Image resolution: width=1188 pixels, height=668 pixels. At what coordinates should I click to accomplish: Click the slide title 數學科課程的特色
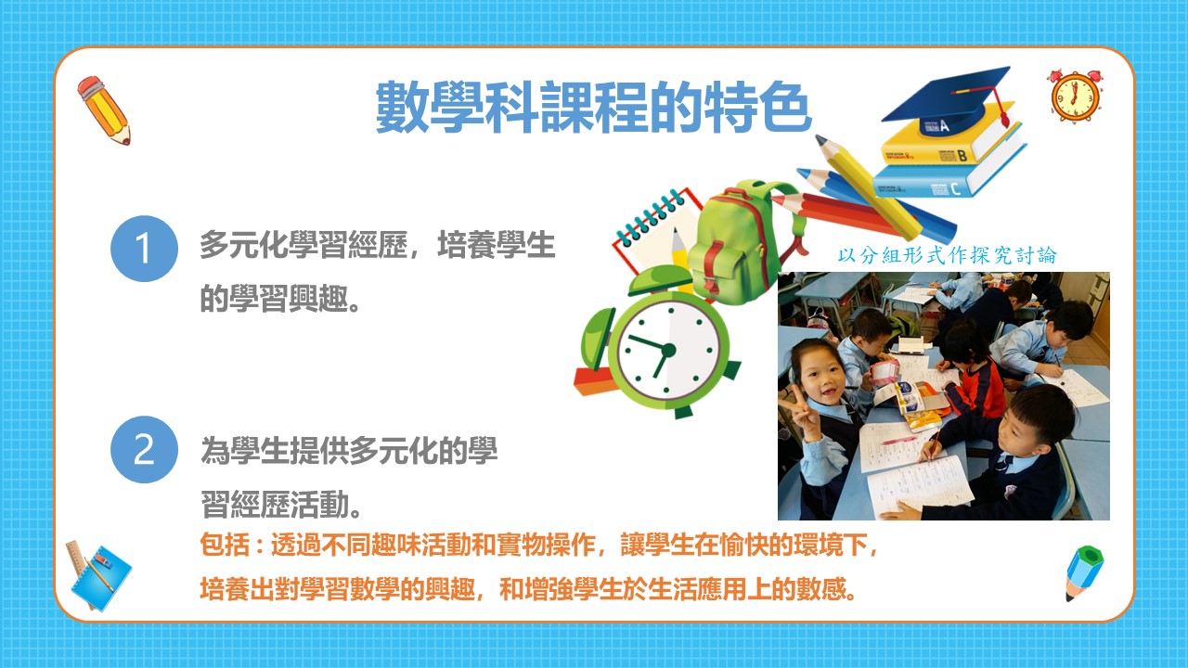[x=593, y=107]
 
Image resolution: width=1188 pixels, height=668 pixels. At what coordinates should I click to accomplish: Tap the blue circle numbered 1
[x=144, y=248]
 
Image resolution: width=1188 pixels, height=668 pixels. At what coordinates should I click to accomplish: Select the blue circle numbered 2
[x=144, y=450]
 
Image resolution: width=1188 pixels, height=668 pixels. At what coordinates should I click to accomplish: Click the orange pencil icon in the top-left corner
[x=104, y=110]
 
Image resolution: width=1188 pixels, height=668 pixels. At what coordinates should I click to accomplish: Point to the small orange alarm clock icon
[x=1076, y=96]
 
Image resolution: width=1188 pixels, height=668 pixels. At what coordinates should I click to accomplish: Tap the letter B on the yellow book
[x=962, y=155]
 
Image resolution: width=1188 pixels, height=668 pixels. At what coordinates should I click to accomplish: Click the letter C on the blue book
[x=956, y=188]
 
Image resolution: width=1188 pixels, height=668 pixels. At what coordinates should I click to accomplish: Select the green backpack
[x=742, y=241]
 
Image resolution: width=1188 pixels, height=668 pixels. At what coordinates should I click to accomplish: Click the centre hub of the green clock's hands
[x=669, y=350]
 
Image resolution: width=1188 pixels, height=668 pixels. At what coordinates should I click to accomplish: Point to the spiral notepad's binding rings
[x=649, y=217]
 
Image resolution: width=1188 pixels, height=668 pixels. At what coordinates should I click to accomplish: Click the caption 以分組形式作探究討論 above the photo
[x=947, y=255]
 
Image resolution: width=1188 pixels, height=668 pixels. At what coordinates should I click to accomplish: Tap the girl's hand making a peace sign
[x=799, y=407]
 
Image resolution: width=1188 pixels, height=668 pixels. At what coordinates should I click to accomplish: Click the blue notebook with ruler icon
[x=98, y=576]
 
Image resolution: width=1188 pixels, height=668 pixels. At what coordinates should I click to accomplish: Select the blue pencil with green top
[x=1084, y=572]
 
